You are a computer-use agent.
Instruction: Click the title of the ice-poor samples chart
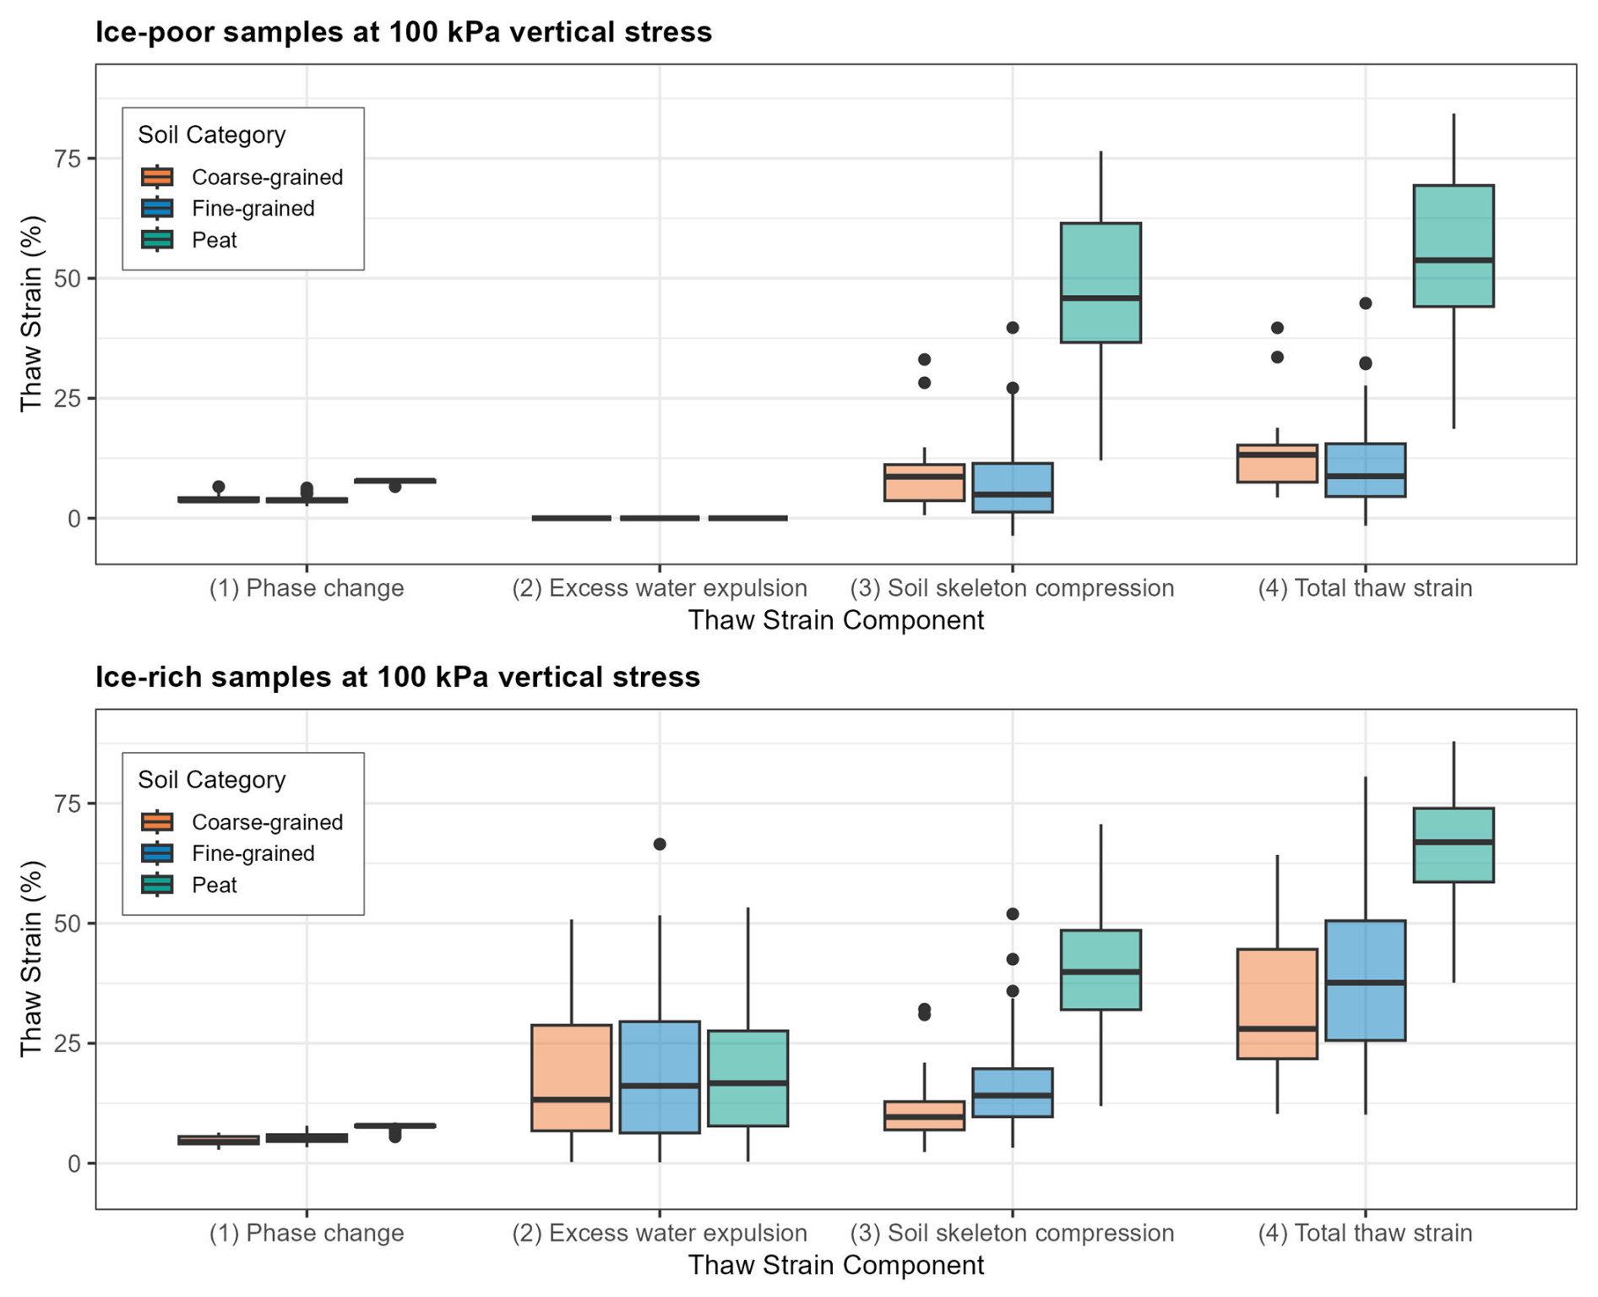403,32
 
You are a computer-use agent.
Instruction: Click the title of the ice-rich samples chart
397,677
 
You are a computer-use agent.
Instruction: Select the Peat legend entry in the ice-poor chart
214,241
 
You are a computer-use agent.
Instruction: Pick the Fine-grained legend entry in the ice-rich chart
253,853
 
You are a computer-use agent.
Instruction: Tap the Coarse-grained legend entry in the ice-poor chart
267,177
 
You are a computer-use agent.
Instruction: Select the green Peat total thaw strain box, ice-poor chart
1453,245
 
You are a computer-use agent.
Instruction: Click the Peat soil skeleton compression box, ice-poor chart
1101,282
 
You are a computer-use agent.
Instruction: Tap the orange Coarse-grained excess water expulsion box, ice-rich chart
572,1077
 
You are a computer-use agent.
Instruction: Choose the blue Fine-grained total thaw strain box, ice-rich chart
1365,980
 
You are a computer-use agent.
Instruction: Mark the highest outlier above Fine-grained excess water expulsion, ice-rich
660,844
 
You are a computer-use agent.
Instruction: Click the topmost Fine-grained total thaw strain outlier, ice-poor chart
1365,303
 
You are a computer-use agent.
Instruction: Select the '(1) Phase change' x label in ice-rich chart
307,1233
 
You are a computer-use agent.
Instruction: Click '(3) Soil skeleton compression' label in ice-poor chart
1012,588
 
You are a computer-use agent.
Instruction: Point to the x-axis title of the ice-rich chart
835,1265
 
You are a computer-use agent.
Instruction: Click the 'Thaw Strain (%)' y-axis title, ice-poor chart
31,313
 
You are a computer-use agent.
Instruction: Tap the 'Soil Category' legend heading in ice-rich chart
211,779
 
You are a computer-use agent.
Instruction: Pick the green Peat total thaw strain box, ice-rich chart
1453,845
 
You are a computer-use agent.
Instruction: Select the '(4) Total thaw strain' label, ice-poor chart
1365,588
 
